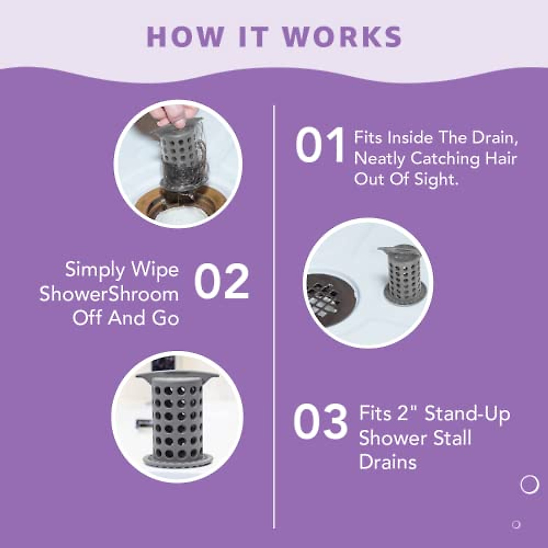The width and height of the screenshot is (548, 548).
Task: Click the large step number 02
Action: click(x=222, y=282)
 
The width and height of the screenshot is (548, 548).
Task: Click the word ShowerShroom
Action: click(x=109, y=294)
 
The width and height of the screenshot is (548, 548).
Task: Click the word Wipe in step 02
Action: click(x=155, y=270)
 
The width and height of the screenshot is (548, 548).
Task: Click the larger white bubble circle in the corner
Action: click(x=530, y=484)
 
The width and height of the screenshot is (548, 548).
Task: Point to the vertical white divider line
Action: click(x=274, y=320)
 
